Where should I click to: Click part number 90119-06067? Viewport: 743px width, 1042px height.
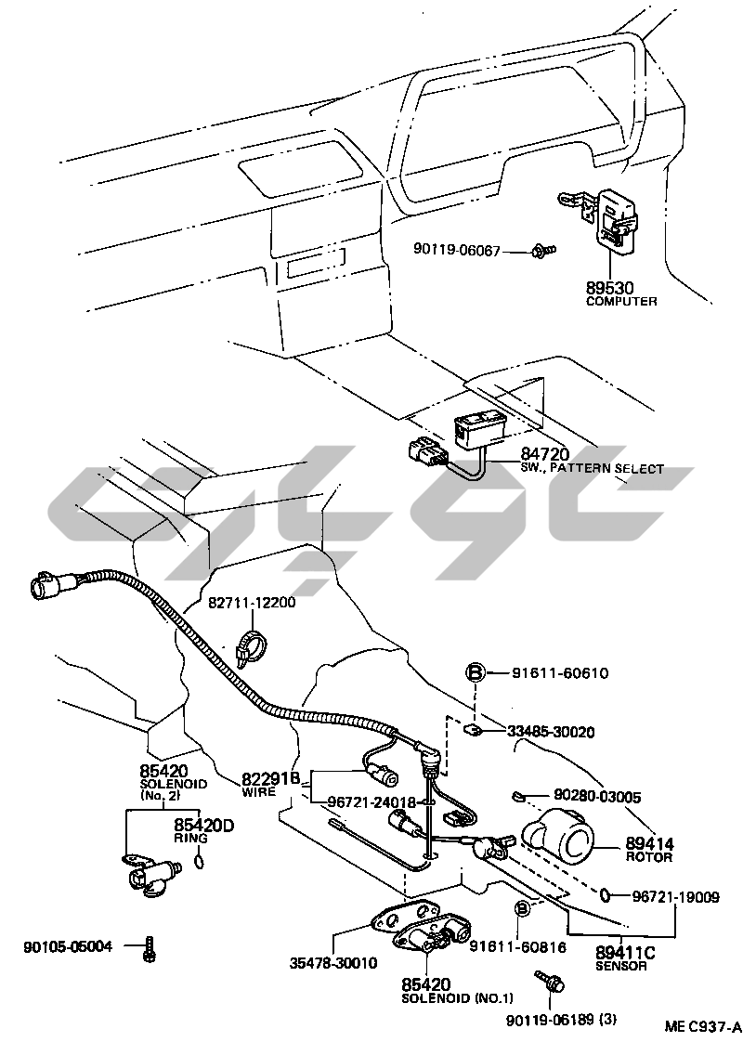pyautogui.click(x=457, y=251)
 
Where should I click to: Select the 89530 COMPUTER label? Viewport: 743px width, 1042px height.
pyautogui.click(x=621, y=294)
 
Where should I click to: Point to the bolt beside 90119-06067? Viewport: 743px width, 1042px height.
pyautogui.click(x=544, y=250)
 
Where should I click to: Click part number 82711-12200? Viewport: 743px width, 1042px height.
pyautogui.click(x=251, y=603)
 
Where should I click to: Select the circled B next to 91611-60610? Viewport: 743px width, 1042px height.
pyautogui.click(x=475, y=672)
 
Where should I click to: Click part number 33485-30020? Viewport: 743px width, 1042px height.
pyautogui.click(x=551, y=732)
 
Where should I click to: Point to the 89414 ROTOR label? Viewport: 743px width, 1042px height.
pyautogui.click(x=649, y=849)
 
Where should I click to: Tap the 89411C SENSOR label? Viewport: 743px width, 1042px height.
pyautogui.click(x=625, y=957)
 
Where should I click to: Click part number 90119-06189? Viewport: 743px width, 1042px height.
pyautogui.click(x=548, y=1021)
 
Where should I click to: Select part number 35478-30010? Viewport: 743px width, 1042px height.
pyautogui.click(x=332, y=963)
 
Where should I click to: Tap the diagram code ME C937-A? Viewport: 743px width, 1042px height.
pyautogui.click(x=703, y=1026)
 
